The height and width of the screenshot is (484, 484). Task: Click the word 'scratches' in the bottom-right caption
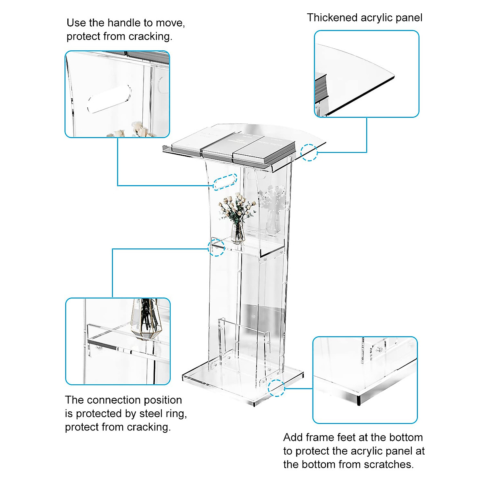pyautogui.click(x=388, y=464)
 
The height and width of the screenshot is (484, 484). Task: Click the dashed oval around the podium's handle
pyautogui.click(x=225, y=182)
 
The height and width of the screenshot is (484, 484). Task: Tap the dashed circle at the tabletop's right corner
pyautogui.click(x=309, y=152)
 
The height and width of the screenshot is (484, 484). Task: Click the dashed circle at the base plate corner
pyautogui.click(x=277, y=388)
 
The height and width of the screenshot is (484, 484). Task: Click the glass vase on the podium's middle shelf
pyautogui.click(x=238, y=233)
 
